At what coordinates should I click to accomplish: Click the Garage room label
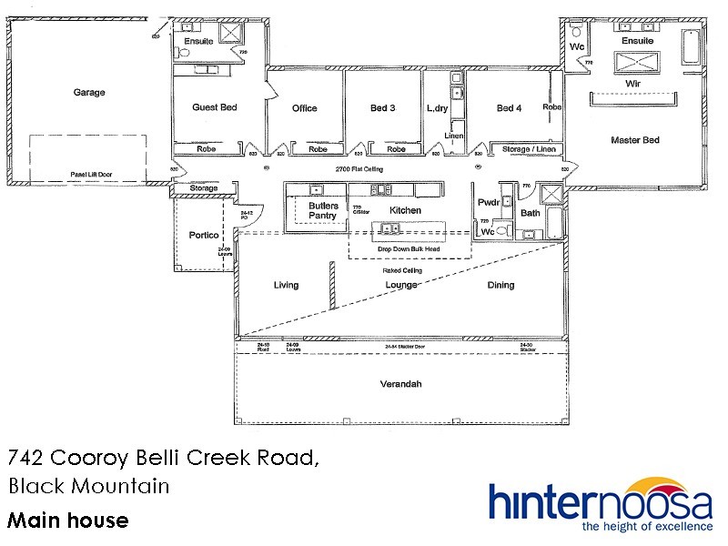[89, 92]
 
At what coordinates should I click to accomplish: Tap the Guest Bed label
[214, 107]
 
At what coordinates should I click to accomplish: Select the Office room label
[305, 108]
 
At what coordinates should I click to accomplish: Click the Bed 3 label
[382, 108]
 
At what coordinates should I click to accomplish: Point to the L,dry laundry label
[439, 108]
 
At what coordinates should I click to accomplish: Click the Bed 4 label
[510, 108]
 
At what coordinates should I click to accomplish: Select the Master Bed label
[634, 139]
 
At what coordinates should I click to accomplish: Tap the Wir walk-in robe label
[634, 82]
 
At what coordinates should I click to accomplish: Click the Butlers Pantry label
[323, 211]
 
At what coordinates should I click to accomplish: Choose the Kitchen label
[405, 210]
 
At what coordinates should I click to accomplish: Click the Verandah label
[400, 384]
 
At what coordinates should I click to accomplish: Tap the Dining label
[500, 285]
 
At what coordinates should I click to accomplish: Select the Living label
[286, 285]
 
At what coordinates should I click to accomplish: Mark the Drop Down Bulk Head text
[409, 247]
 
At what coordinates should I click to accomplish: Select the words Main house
[68, 521]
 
